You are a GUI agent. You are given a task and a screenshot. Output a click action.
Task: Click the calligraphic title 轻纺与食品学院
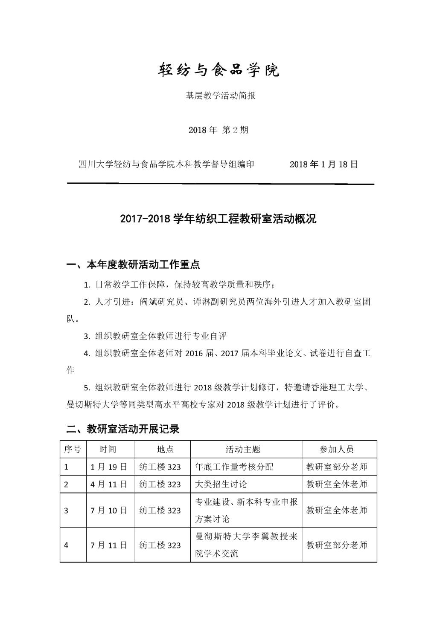219,70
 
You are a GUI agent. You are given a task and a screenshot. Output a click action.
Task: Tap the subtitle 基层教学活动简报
220,96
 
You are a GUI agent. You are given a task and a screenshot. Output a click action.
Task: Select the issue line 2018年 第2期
218,130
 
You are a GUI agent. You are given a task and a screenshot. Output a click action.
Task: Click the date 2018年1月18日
323,164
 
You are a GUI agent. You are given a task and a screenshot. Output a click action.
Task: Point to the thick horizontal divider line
221,184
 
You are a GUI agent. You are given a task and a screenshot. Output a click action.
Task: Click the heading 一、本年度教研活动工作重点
133,265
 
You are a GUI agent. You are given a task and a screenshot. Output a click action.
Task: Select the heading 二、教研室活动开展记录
123,429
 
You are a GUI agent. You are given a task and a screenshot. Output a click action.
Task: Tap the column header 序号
73,449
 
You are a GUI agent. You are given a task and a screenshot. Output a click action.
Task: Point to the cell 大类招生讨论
221,484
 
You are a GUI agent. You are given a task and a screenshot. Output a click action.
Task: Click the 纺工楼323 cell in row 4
160,545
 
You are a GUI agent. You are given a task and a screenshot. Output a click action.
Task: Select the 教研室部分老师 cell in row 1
337,467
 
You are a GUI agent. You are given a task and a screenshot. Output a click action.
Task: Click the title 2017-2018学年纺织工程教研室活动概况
218,219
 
